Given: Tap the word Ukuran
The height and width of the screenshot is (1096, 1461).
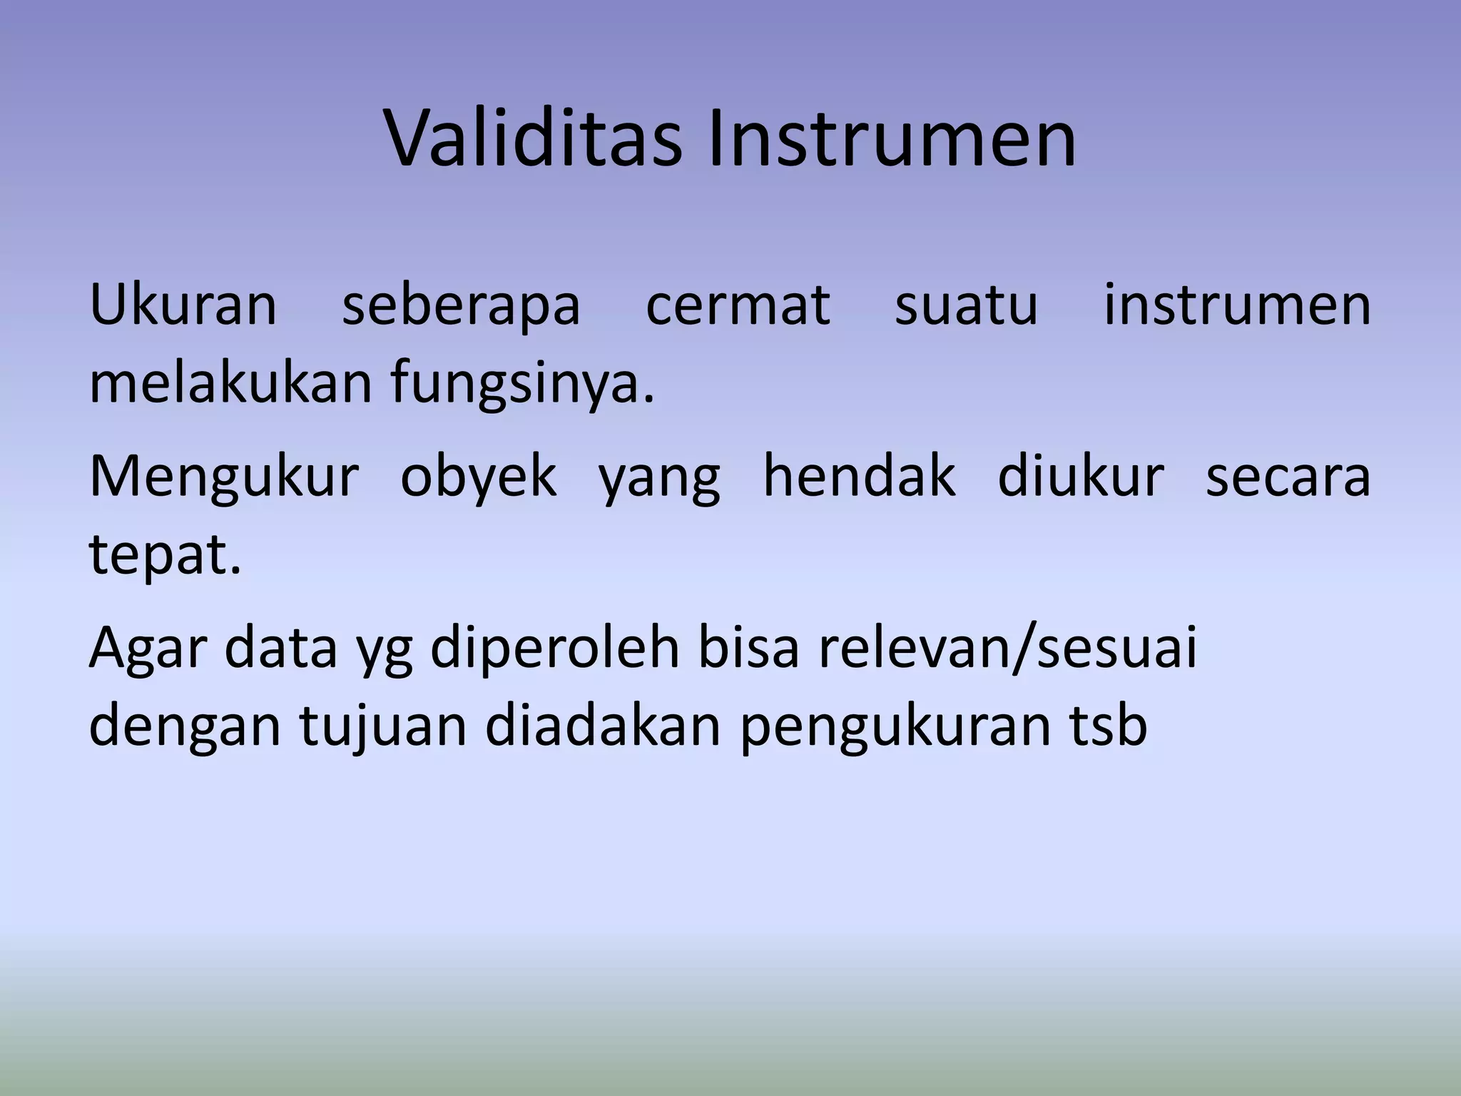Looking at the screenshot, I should pyautogui.click(x=183, y=306).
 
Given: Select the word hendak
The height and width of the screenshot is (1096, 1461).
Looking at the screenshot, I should pyautogui.click(x=859, y=476).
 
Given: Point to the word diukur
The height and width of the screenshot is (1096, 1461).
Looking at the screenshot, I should pyautogui.click(x=1081, y=476).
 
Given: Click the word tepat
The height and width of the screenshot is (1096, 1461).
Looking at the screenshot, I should pyautogui.click(x=165, y=556).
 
